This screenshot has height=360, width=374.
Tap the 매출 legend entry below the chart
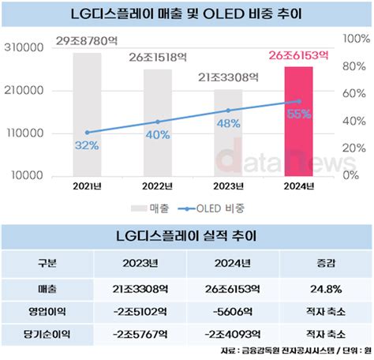click(x=141, y=208)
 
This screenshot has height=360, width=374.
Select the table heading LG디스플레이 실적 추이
click(x=186, y=235)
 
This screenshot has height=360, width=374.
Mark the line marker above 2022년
click(x=157, y=122)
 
